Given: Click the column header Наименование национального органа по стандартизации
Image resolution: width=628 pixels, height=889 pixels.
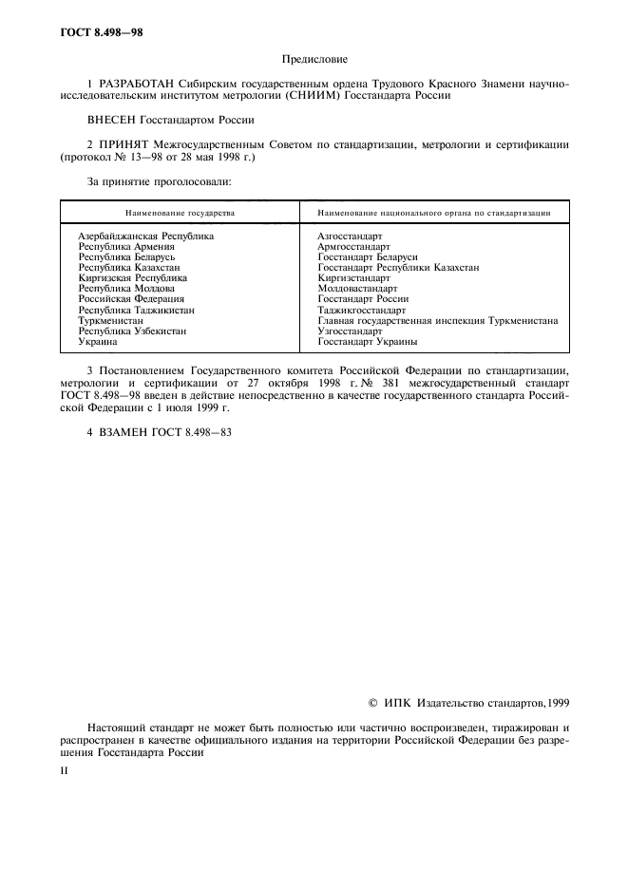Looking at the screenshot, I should coord(434,215).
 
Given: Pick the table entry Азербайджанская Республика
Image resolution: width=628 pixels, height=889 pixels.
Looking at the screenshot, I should coord(145,236).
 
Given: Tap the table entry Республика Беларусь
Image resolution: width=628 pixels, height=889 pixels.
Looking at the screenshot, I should coord(126,256).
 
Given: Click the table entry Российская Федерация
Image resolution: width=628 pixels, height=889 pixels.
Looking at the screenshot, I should coord(131,299).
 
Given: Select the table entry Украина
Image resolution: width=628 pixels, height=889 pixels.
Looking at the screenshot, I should coord(98,342).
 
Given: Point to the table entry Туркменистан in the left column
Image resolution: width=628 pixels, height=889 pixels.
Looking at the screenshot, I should coord(110,320).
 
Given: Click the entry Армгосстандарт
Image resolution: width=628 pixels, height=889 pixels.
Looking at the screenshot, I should coord(353,246).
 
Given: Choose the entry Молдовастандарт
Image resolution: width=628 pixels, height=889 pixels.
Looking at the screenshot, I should coord(358,289).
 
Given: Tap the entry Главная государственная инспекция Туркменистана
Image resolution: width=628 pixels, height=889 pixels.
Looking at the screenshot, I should coord(437,320).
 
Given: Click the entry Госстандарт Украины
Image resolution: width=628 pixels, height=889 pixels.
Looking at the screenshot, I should coord(367,342).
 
